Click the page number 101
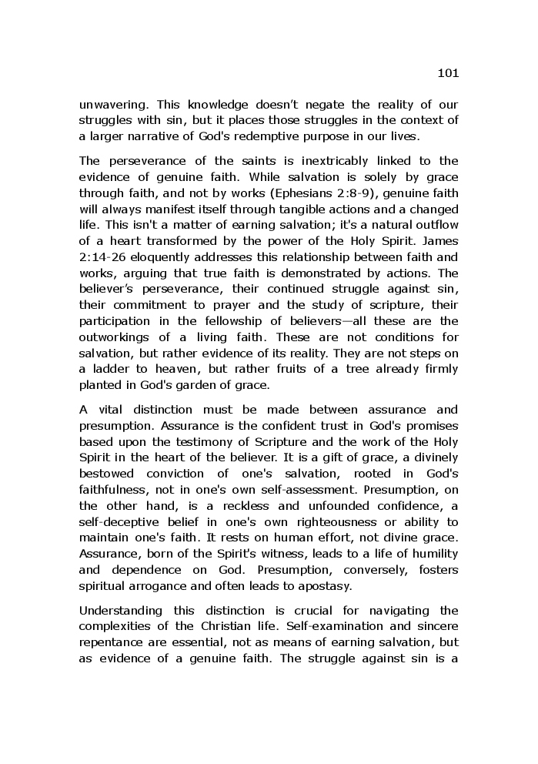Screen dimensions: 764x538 pyautogui.click(x=447, y=73)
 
